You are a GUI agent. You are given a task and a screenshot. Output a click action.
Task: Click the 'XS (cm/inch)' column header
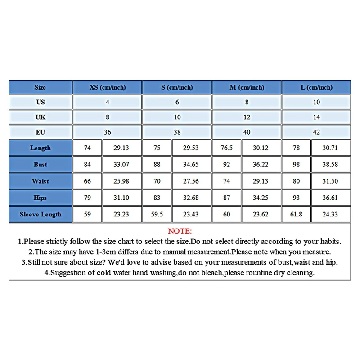tap(107, 87)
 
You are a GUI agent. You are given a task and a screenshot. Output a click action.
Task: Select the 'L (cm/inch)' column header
tap(316, 87)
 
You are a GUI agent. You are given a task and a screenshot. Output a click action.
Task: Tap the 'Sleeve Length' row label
tap(40, 214)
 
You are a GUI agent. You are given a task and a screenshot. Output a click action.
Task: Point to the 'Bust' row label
tap(40, 165)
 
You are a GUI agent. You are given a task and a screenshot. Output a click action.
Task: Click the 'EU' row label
tap(40, 132)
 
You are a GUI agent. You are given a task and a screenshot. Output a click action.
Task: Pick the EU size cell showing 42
tap(316, 132)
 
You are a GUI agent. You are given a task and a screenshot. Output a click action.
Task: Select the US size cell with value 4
tap(107, 102)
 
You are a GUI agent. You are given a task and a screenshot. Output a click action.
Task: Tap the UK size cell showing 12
tap(247, 117)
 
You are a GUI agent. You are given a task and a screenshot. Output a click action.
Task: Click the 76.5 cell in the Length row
tap(227, 148)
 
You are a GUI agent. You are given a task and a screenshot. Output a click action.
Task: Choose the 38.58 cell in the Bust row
tap(330, 165)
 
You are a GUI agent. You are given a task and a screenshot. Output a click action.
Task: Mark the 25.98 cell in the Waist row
tap(121, 181)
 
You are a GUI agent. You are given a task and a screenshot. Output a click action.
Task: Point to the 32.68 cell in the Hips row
tap(191, 198)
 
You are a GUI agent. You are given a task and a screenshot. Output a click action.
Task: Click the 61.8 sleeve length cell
tap(297, 214)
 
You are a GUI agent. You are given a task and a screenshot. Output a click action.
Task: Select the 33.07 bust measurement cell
tap(121, 165)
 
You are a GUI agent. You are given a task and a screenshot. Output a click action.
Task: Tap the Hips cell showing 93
tap(297, 198)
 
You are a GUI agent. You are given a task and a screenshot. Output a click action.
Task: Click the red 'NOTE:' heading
tap(180, 231)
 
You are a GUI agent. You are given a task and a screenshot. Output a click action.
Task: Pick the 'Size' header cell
tap(40, 87)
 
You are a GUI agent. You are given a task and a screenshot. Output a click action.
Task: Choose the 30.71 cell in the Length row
tap(330, 148)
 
